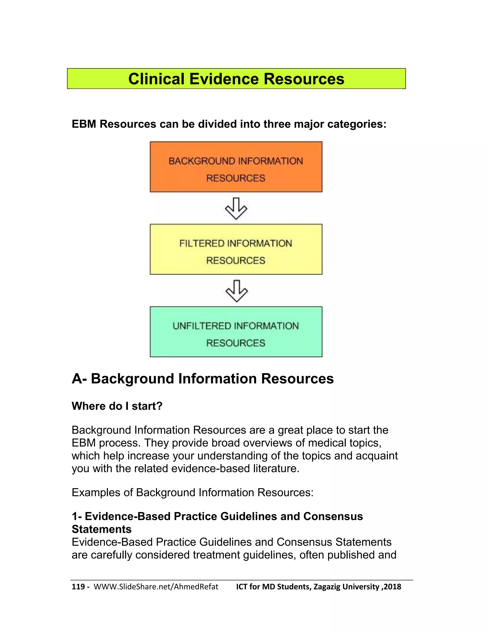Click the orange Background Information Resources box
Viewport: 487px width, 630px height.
[236, 167]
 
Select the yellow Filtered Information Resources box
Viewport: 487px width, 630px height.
[236, 249]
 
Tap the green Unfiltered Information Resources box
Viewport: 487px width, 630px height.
[236, 332]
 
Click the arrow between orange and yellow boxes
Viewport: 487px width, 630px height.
[236, 208]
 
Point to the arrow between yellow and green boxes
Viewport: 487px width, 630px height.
[237, 291]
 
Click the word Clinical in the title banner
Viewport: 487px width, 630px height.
[156, 79]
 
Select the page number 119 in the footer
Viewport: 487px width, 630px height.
[78, 587]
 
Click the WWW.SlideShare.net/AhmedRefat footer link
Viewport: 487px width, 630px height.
[156, 587]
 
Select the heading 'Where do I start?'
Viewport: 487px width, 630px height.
[117, 406]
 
